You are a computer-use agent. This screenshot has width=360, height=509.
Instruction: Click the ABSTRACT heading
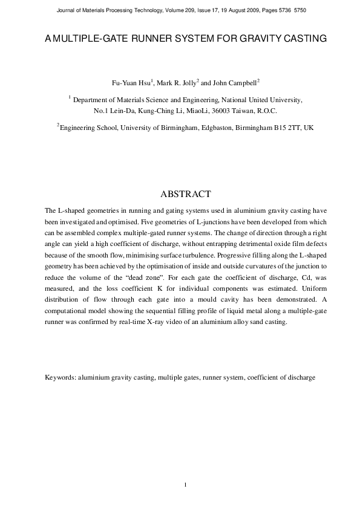185,194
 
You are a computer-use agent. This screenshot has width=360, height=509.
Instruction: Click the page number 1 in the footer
186,484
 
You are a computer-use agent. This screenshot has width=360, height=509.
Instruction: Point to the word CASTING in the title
303,38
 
